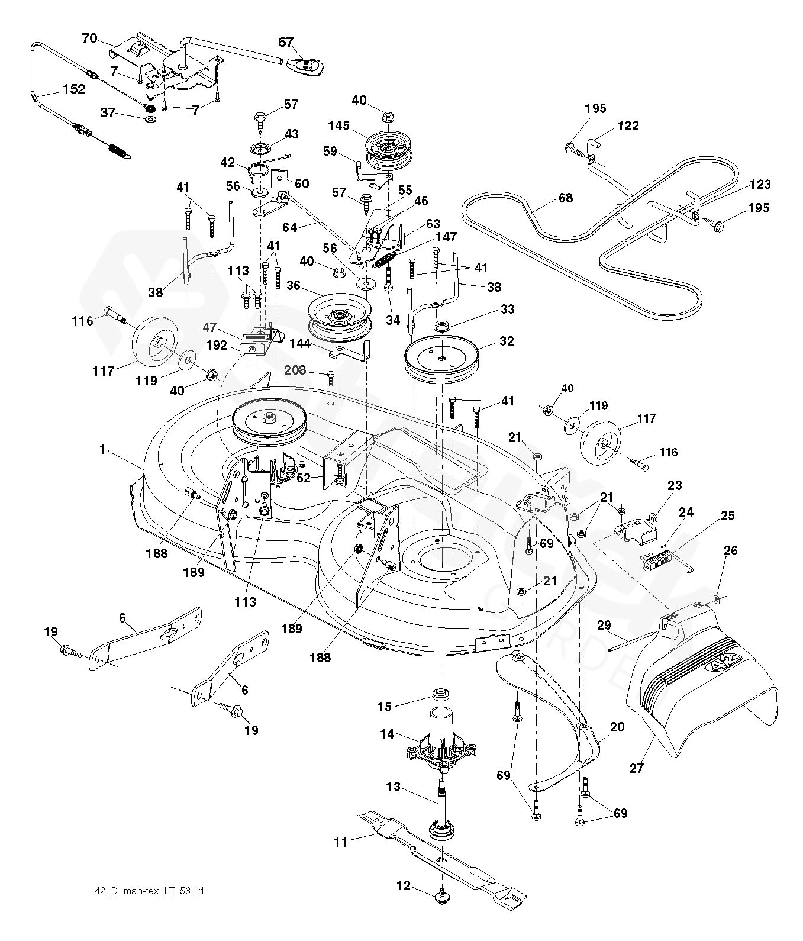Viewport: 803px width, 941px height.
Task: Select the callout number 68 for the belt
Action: (x=566, y=198)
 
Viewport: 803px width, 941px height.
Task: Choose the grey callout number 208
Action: (x=295, y=370)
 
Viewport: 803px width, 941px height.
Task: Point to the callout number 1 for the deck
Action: (x=102, y=450)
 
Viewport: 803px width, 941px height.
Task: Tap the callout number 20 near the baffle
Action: (x=617, y=728)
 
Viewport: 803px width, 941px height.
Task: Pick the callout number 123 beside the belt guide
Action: (x=759, y=184)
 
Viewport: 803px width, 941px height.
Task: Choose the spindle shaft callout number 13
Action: (x=394, y=788)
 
